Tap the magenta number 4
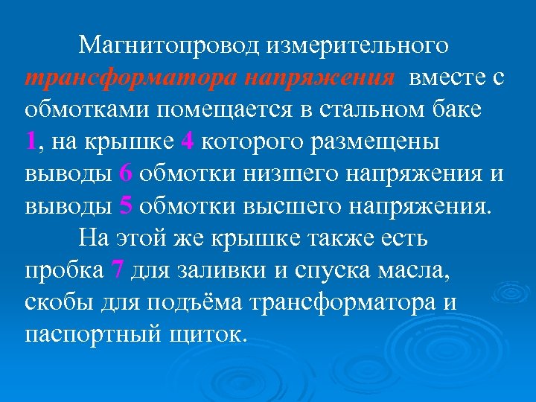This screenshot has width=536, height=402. click(186, 141)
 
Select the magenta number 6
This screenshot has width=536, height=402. click(125, 173)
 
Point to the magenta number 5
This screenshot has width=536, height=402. click(125, 205)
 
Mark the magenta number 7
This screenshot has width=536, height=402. click(116, 269)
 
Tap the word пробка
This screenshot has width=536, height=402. click(63, 269)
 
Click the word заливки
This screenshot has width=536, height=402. click(219, 269)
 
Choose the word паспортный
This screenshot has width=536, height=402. click(89, 334)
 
